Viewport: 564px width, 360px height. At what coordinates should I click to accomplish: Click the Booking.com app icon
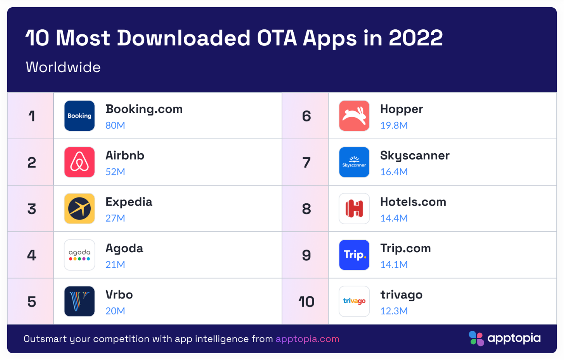tap(79, 115)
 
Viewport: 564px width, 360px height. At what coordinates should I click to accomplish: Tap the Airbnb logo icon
tap(79, 162)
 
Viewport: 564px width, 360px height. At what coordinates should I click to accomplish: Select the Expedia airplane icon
tap(79, 208)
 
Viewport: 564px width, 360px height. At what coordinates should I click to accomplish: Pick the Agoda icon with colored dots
tap(79, 255)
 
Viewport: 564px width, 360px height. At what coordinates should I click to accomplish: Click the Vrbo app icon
tap(79, 301)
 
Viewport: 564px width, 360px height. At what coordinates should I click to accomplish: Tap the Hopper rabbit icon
tap(354, 115)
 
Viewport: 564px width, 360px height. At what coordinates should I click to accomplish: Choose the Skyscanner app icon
tap(354, 162)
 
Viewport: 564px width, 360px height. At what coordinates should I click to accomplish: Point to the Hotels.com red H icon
tap(354, 208)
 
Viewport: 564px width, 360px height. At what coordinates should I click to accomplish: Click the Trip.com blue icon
tap(354, 255)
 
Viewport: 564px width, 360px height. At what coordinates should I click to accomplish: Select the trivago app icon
tap(354, 301)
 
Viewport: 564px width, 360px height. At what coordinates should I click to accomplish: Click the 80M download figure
tap(115, 126)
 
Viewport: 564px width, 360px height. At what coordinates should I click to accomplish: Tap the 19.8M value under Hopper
tap(394, 126)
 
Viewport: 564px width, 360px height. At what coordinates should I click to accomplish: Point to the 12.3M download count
tap(394, 311)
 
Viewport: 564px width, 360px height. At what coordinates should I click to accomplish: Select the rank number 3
tap(32, 209)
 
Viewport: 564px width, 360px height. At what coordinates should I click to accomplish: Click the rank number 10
tap(306, 302)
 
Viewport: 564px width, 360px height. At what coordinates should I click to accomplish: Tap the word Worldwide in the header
tap(63, 67)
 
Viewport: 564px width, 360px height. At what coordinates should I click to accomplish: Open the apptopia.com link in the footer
tap(307, 339)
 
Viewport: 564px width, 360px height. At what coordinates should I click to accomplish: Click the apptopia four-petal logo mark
tap(476, 338)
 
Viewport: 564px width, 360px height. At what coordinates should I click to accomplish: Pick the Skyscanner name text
tap(415, 156)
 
